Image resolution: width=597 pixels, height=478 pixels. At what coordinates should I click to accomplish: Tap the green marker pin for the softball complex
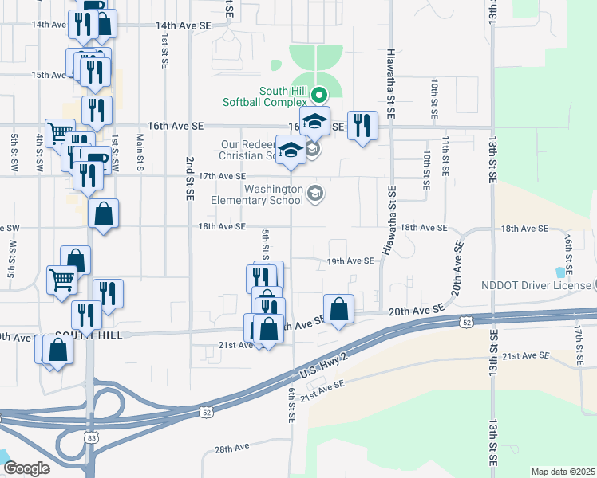(319, 93)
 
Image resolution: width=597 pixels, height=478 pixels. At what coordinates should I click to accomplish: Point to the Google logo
(26, 468)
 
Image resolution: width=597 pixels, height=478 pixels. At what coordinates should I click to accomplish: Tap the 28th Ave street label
(231, 449)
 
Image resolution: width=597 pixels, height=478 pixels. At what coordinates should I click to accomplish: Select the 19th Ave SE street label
(350, 261)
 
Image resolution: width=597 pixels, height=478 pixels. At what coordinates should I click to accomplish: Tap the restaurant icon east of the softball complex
(363, 125)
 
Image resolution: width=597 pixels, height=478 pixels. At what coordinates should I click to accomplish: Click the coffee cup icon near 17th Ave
(97, 159)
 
